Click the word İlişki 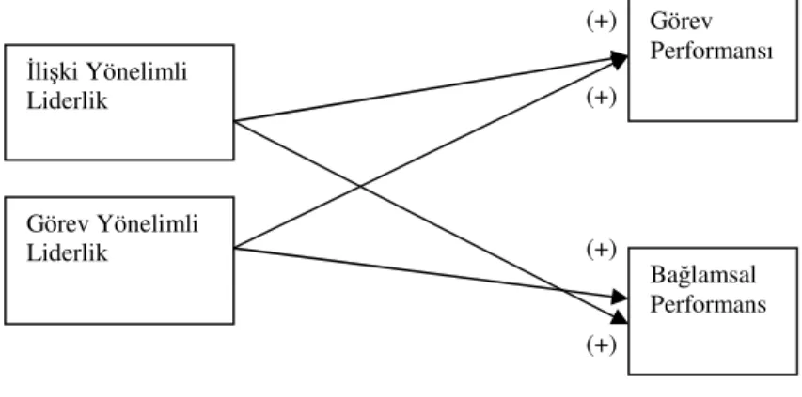click(x=52, y=73)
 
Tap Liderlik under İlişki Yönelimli click(x=67, y=100)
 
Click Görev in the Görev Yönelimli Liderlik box click(x=57, y=224)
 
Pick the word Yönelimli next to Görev click(x=148, y=224)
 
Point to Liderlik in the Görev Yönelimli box click(x=67, y=252)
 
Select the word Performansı click(x=711, y=51)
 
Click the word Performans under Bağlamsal click(x=708, y=304)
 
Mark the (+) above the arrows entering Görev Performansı click(x=601, y=22)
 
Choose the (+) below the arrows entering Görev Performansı click(x=601, y=97)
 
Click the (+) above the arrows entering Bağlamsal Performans click(x=601, y=250)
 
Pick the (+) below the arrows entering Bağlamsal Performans click(x=601, y=345)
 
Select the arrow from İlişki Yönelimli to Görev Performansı click(x=432, y=89)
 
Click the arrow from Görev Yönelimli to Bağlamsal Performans click(x=432, y=272)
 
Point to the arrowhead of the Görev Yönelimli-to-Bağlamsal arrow click(x=620, y=297)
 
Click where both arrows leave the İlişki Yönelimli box click(x=234, y=121)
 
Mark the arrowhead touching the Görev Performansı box click(x=620, y=60)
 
